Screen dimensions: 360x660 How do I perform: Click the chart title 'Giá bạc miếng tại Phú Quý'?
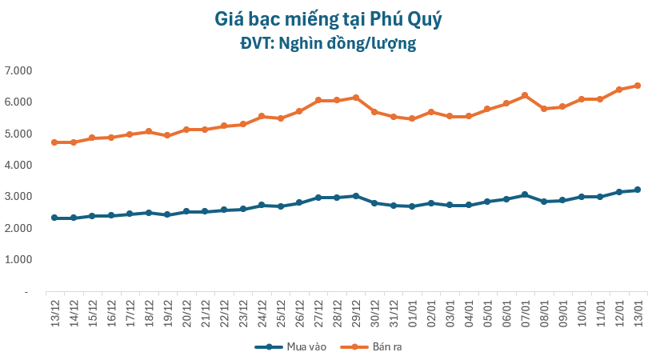click(328, 18)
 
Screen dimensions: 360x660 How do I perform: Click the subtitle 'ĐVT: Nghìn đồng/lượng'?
click(328, 43)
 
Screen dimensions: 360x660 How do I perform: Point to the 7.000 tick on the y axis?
click(17, 70)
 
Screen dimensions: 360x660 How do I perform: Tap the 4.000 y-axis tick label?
click(17, 165)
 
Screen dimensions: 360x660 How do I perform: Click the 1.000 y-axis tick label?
click(17, 260)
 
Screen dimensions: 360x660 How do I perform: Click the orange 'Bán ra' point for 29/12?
click(356, 98)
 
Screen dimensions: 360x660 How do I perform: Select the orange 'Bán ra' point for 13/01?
click(638, 86)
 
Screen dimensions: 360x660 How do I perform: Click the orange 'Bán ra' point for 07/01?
click(525, 95)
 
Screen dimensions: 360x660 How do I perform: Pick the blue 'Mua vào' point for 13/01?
click(638, 190)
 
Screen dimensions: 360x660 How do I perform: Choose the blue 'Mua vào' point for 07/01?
click(525, 194)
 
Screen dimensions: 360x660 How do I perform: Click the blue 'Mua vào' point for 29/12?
click(356, 196)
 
